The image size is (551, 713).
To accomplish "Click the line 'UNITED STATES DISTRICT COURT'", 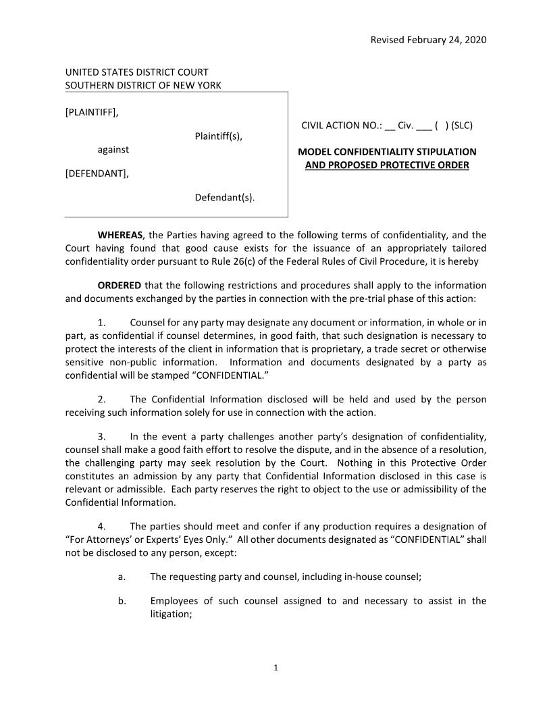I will tap(136, 72).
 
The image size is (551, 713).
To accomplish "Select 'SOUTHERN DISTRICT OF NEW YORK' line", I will tap(142, 85).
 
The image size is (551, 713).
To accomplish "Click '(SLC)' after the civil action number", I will tap(462, 126).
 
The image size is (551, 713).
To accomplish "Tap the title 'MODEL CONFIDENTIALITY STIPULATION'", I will tap(387, 152).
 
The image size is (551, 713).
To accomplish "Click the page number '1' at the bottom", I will tap(275, 668).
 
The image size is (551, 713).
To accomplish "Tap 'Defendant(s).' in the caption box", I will tap(225, 198).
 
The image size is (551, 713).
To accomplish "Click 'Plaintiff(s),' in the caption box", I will tap(218, 137).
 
